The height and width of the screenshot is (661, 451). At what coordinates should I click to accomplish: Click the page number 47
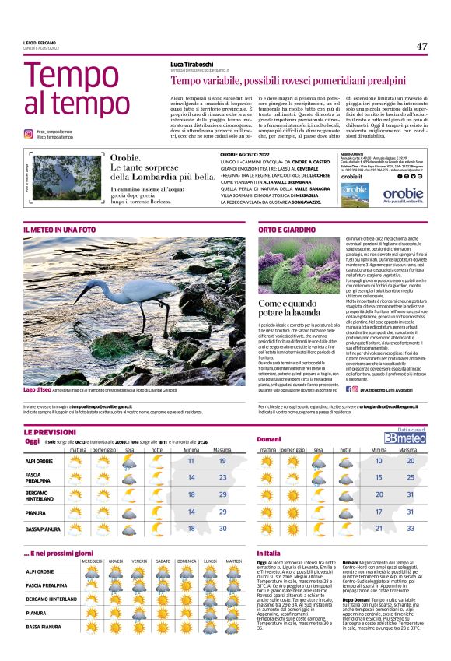[x=421, y=46]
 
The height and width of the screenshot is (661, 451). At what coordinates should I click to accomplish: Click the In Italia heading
[x=268, y=553]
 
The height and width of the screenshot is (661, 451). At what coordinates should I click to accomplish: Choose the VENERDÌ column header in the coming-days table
[x=139, y=561]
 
